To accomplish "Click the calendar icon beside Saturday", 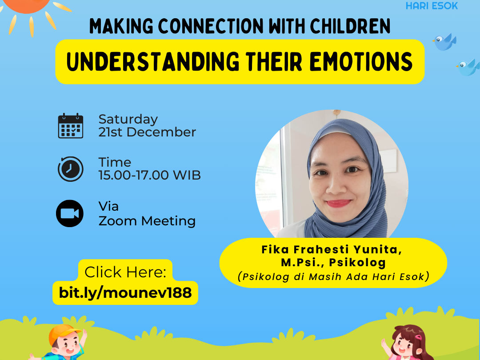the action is coord(71,126).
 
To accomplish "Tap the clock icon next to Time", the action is coord(70,169).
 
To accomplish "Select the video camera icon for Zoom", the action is coord(70,213).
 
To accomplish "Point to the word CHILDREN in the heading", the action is coord(351,26).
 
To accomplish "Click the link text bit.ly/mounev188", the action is coord(125,292).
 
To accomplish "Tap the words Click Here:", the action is coord(125,272).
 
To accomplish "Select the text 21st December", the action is coord(147,132).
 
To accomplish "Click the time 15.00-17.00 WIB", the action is coord(149,175).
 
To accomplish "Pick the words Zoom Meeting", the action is coord(147,221).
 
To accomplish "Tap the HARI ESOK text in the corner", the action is coord(432,5).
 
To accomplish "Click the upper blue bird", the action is coord(444,42).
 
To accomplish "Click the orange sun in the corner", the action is coord(29,8).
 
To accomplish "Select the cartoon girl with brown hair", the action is coord(407,343).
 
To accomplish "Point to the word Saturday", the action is coord(128,120).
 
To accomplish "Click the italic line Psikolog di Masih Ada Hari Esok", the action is coord(333,276).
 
